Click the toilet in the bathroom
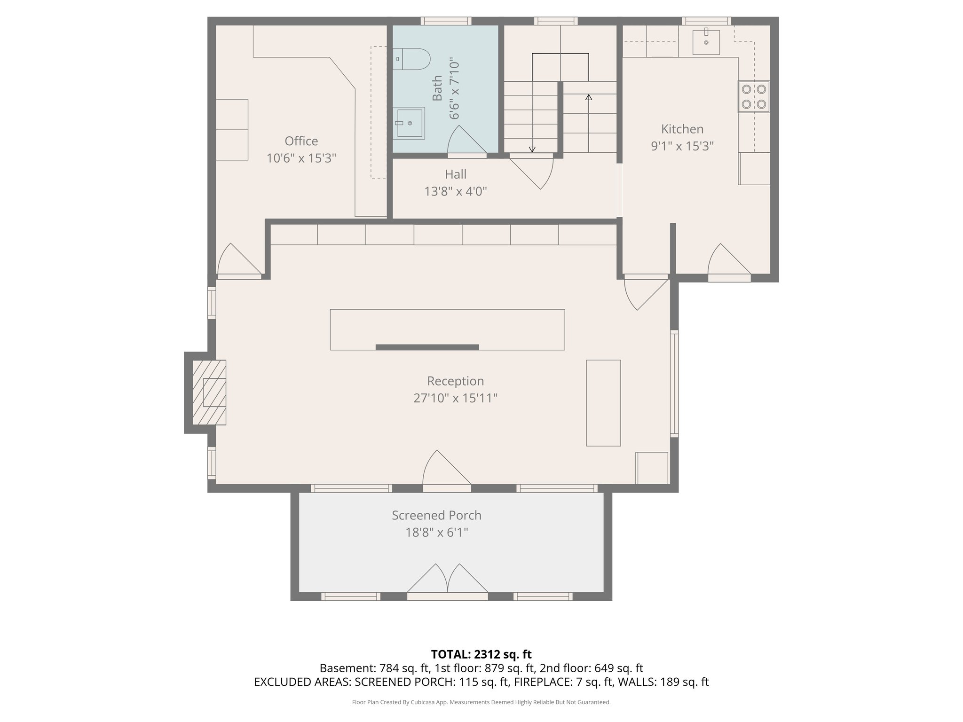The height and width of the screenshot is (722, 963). (412, 59)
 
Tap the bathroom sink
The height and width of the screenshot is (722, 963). (409, 123)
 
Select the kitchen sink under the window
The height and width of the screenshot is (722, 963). (706, 42)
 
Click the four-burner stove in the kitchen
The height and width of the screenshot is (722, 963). (753, 97)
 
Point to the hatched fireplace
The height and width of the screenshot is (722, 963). (209, 392)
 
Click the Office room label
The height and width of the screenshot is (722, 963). (301, 141)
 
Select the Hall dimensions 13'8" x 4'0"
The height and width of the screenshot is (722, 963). (455, 191)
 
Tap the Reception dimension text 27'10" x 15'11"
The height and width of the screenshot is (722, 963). (455, 398)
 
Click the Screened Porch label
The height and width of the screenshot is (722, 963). (436, 515)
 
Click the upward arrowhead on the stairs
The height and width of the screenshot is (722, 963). (589, 97)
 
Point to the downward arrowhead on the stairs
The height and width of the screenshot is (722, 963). (532, 149)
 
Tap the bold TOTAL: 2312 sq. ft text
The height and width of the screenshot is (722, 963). (481, 654)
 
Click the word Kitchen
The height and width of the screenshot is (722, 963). (682, 129)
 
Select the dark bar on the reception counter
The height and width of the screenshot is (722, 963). (427, 347)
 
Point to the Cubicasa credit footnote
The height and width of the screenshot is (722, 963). (481, 702)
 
